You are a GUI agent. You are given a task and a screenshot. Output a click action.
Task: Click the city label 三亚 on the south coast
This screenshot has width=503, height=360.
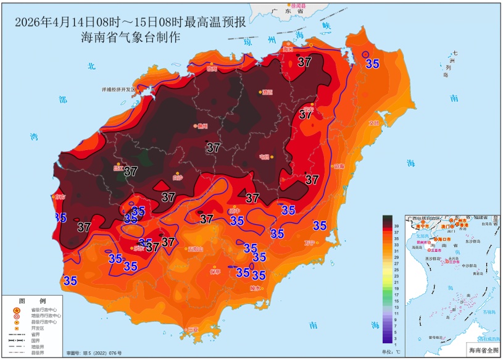pos(193,329)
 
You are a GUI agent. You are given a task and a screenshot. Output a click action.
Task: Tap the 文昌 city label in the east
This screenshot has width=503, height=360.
pos(374,123)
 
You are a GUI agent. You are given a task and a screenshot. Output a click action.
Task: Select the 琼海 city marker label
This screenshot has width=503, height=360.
pos(338,166)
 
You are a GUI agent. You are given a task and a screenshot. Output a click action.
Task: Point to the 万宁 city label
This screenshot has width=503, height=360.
pos(310,242)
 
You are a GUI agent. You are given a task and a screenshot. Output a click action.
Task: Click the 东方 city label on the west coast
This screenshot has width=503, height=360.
pos(59,197)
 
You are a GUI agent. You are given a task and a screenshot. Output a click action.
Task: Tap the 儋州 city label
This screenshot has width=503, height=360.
pos(202,126)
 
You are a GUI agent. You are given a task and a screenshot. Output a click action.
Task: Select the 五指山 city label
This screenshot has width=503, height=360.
pos(196,249)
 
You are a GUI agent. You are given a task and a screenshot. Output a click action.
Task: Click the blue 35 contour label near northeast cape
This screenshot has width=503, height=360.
pos(372,63)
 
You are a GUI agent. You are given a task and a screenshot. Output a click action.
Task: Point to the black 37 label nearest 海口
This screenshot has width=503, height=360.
pos(305,62)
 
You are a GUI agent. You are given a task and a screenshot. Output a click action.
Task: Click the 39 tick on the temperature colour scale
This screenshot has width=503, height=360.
pos(396,227)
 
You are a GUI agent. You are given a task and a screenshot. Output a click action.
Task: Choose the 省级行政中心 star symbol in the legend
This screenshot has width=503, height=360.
pos(16,309)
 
